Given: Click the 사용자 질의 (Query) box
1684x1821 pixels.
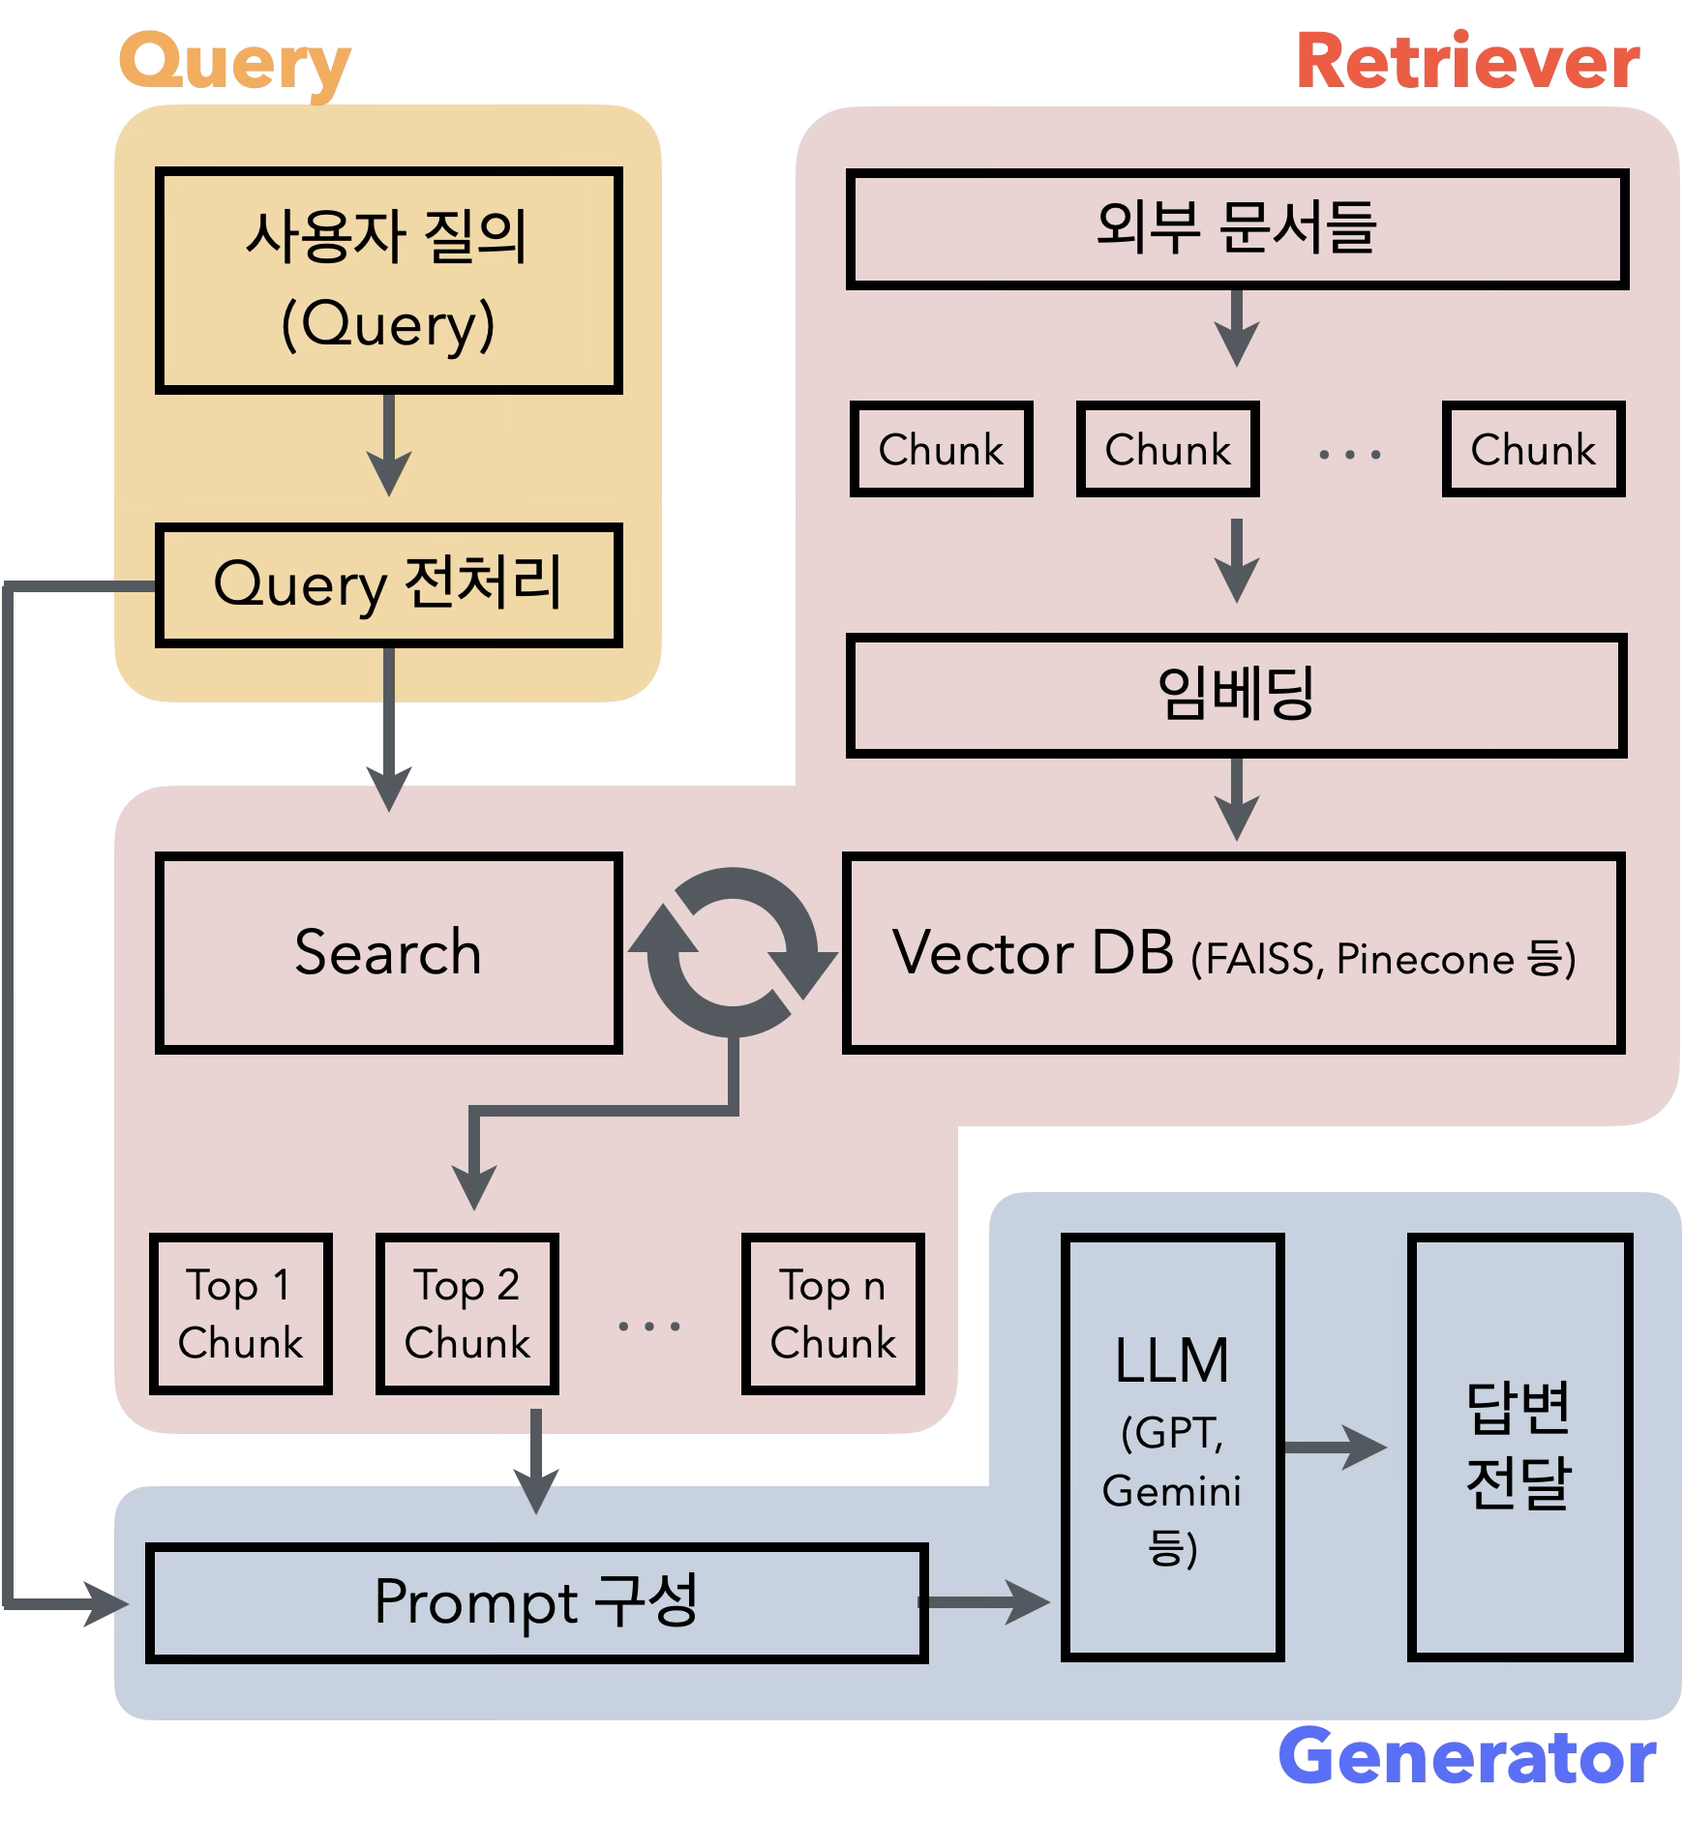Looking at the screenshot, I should coord(388,281).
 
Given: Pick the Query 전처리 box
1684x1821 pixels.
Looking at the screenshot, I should coord(388,585).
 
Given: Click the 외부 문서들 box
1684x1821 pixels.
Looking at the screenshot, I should coord(1237,229).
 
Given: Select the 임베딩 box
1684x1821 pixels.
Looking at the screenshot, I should coord(1237,695).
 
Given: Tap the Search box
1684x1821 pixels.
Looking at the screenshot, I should coord(388,952).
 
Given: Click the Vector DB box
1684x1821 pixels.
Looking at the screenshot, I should coord(1233,952).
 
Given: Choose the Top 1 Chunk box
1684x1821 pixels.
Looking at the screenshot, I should coord(241,1313).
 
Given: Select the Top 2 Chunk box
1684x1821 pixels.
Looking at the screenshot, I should coord(467,1313).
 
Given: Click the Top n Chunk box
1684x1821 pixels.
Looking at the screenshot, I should coord(832,1313).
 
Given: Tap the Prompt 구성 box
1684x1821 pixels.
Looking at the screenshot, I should coord(536,1602).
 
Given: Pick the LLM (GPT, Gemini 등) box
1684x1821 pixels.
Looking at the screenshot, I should coord(1172,1447).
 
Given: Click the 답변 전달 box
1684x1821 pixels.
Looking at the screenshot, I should coord(1519,1447).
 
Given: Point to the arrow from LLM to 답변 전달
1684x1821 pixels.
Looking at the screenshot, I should coord(1336,1448).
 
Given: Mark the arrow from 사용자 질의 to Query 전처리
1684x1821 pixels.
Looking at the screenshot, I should coord(389,445).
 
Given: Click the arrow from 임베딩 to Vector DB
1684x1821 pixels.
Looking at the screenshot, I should coord(1237,799).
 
